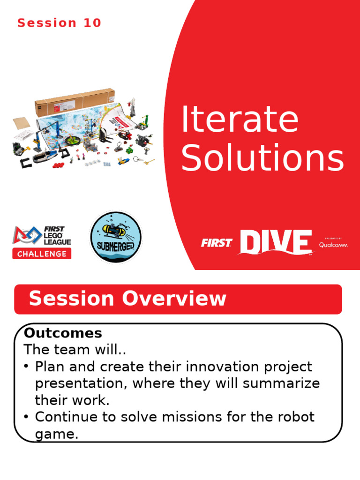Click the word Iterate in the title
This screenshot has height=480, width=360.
[x=240, y=120]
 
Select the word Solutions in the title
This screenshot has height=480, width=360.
[x=262, y=159]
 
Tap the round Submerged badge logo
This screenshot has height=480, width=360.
[x=115, y=237]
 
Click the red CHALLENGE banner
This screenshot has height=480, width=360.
[x=42, y=254]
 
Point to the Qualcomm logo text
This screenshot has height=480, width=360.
[x=333, y=244]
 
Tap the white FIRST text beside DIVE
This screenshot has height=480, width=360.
[x=217, y=243]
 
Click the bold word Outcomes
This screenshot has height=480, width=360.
[x=63, y=333]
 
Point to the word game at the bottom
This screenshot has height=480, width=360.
[x=55, y=434]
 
